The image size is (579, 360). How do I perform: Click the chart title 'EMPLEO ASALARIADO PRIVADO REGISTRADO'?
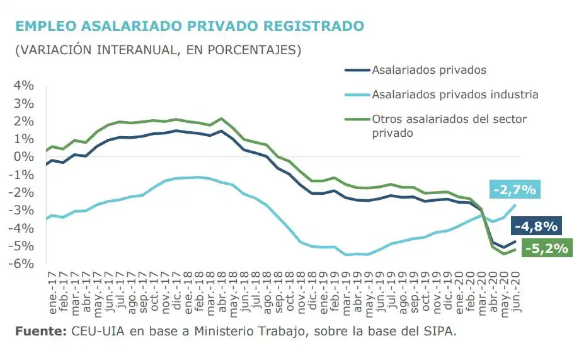pos(190,26)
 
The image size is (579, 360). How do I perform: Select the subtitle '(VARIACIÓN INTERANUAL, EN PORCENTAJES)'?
pos(158,50)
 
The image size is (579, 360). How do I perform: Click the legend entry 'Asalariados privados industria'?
pos(455,95)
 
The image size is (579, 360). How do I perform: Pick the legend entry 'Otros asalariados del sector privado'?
pos(449,125)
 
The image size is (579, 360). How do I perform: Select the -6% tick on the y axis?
pos(23,264)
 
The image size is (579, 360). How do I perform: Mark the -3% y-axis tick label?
pos(23,210)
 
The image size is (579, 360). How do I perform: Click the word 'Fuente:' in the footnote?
pos(40,332)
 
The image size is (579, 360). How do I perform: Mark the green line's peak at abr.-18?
pos(221,119)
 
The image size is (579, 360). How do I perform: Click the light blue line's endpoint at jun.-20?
pos(515,205)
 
